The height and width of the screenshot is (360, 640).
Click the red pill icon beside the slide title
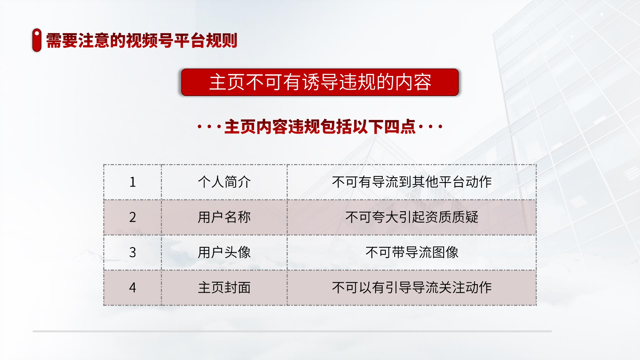(x=37, y=40)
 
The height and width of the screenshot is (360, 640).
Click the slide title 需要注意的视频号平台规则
(x=142, y=41)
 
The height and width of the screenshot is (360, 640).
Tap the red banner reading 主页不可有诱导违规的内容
(x=320, y=82)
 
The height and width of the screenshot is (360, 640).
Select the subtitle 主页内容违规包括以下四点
(x=320, y=127)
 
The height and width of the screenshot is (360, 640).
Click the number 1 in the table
(x=133, y=182)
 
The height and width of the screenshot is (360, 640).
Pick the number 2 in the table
(x=133, y=217)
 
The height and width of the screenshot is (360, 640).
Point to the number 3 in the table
(x=133, y=252)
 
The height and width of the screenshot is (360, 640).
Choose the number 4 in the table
(x=133, y=288)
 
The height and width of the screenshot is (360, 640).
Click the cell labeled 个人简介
(x=224, y=182)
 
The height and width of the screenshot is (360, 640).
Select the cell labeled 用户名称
(x=224, y=217)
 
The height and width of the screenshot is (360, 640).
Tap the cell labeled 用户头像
(x=224, y=252)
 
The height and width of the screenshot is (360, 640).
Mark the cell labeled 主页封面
(x=224, y=288)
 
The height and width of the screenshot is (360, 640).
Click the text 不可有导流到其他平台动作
(x=412, y=182)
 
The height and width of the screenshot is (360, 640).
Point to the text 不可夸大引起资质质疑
(x=412, y=217)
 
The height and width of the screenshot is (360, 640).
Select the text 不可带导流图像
(x=412, y=252)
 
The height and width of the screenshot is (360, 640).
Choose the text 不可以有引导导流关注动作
(x=412, y=288)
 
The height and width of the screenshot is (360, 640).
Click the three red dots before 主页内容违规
(x=209, y=127)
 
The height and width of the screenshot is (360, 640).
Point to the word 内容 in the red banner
(x=413, y=82)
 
